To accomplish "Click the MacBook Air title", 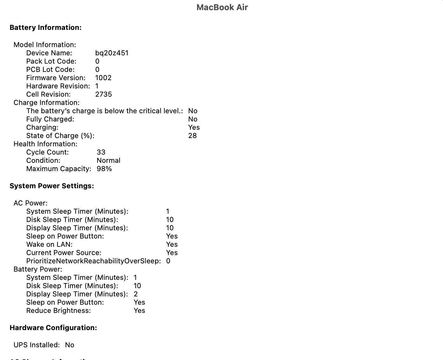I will [222, 7].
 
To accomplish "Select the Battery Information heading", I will [45, 28].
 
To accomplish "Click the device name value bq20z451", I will [112, 53].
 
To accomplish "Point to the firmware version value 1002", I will [103, 78].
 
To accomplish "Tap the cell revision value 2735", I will [104, 94].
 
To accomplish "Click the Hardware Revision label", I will [58, 86].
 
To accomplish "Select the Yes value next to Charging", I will [194, 128].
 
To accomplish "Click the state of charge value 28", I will [192, 136].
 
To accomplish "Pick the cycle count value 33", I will [101, 152].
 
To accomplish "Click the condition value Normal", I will [108, 161].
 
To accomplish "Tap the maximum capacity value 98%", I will [104, 169].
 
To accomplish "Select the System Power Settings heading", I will [52, 186].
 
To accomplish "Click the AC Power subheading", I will [31, 203].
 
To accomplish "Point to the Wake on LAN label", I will [49, 245].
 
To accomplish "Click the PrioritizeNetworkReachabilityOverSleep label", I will [93, 261].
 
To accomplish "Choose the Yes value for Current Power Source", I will [172, 253].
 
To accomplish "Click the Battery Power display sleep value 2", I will [136, 294].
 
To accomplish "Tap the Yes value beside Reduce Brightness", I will [139, 311].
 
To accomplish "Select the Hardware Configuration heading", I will [53, 328].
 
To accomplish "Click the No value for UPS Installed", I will [70, 345].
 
